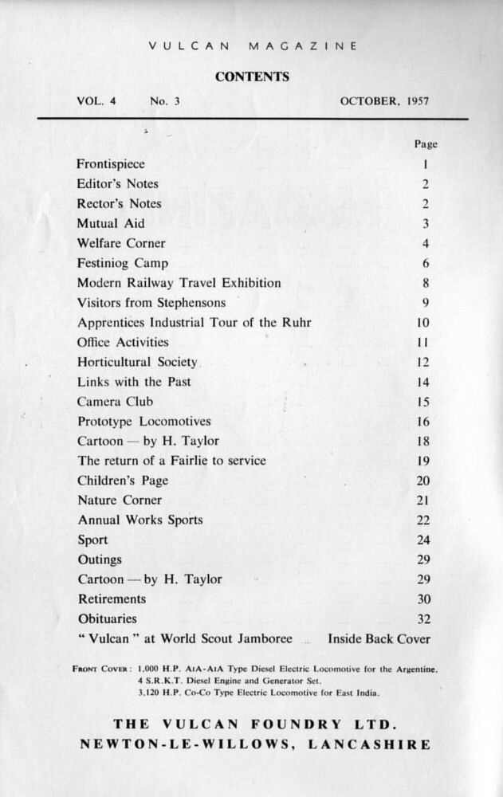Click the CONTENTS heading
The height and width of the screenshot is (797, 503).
[x=251, y=77]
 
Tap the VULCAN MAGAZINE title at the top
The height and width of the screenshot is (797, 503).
[x=252, y=46]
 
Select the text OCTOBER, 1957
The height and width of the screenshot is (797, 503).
[x=384, y=101]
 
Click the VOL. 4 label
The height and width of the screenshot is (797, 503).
[x=96, y=101]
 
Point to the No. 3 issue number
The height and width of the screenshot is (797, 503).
[x=165, y=101]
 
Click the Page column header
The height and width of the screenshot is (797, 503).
[x=426, y=144]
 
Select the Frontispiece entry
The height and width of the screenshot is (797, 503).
[x=111, y=164]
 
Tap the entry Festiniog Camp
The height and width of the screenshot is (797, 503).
[x=123, y=263]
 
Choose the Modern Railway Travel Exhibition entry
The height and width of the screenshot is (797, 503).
[x=179, y=283]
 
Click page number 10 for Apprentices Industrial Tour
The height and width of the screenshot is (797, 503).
[x=423, y=323]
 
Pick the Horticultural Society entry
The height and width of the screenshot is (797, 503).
[x=137, y=362]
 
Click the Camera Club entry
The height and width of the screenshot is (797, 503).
[x=115, y=402]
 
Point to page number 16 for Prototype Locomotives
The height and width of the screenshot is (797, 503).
[x=423, y=422]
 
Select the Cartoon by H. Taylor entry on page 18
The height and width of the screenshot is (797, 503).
[x=147, y=441]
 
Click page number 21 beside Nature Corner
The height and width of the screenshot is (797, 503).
[x=423, y=501]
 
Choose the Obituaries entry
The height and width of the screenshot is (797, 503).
[x=107, y=618]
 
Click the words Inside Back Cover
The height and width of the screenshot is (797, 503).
[x=379, y=638]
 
